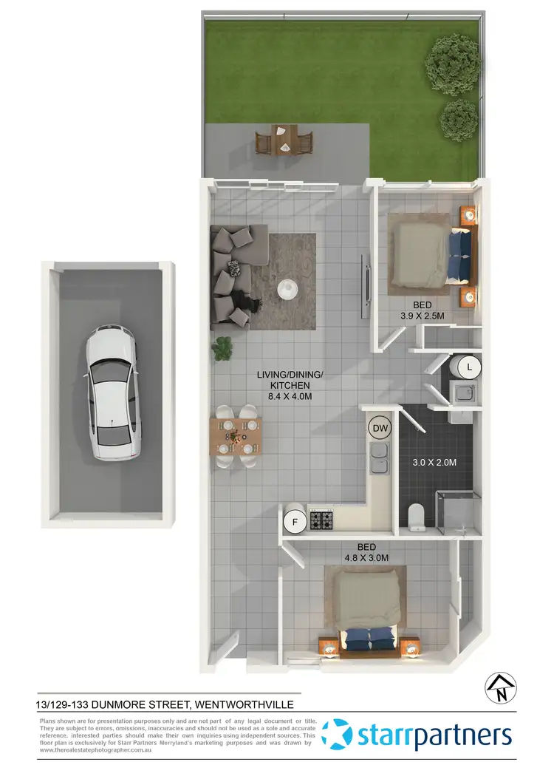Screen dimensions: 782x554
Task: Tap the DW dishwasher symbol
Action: coord(380,427)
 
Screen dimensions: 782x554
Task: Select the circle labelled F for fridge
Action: coord(295,523)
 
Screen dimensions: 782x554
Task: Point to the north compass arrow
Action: coord(500,687)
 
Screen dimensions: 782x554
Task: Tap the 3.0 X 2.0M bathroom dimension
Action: coord(434,463)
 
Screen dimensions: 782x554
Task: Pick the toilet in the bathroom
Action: coord(417,515)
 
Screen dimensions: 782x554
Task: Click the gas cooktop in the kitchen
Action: coord(322,520)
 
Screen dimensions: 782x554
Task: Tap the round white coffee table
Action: coord(288,287)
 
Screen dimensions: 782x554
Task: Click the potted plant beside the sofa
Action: coord(222,349)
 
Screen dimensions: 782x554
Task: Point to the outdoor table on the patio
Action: coord(284,139)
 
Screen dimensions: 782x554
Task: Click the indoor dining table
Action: coord(236,437)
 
